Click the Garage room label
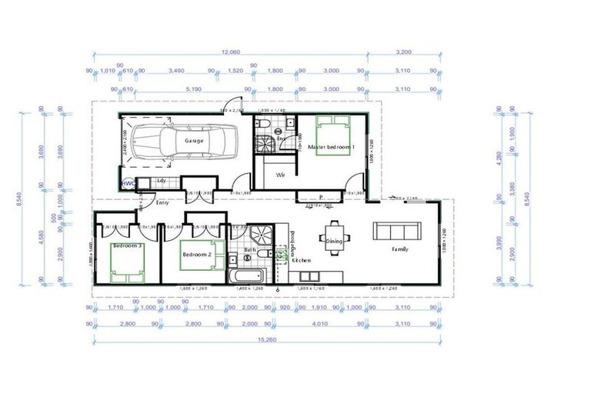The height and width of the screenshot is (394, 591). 193,141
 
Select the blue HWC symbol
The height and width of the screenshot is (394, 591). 127,183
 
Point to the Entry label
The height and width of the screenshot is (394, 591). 162,203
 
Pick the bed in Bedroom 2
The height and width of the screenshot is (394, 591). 202,255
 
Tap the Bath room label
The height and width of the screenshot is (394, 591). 250,249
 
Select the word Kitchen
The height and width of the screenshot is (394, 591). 302,260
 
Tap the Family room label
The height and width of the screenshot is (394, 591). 399,249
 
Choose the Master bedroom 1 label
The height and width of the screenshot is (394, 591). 330,146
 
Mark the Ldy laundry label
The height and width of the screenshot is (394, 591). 162,181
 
